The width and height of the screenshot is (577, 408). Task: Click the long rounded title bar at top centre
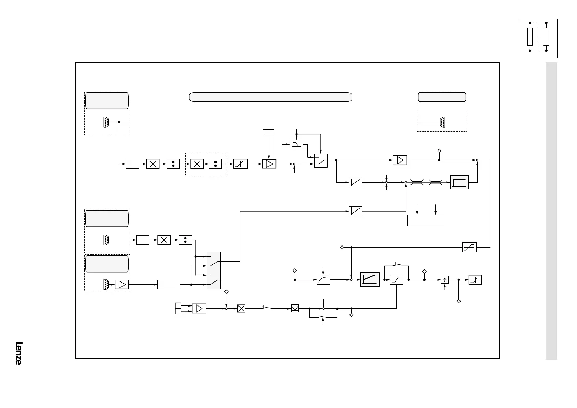click(271, 97)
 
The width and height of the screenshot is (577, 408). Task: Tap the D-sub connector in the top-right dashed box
click(443, 122)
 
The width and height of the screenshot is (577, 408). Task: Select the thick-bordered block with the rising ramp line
click(370, 279)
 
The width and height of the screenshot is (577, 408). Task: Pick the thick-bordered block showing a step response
click(459, 182)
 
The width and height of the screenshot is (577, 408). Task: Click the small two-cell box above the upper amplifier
click(269, 132)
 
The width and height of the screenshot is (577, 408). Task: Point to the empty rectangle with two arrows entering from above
click(426, 220)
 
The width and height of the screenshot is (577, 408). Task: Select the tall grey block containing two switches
click(214, 271)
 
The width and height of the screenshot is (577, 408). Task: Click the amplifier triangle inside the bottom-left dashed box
click(122, 285)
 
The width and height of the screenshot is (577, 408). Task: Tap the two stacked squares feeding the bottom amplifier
click(178, 308)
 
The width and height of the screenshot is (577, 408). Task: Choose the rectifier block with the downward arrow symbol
click(295, 309)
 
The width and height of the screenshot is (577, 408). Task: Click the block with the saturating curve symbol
click(323, 280)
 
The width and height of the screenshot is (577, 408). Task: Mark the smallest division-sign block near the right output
click(444, 280)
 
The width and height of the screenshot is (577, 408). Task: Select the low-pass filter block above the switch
click(296, 144)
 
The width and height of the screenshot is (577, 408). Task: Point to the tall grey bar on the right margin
click(551, 211)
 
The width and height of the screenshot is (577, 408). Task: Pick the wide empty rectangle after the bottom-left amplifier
click(169, 285)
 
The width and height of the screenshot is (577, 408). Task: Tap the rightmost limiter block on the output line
click(475, 280)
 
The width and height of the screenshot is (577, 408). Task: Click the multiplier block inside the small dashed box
click(197, 164)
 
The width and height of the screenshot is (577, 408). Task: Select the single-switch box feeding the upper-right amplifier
click(321, 160)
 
